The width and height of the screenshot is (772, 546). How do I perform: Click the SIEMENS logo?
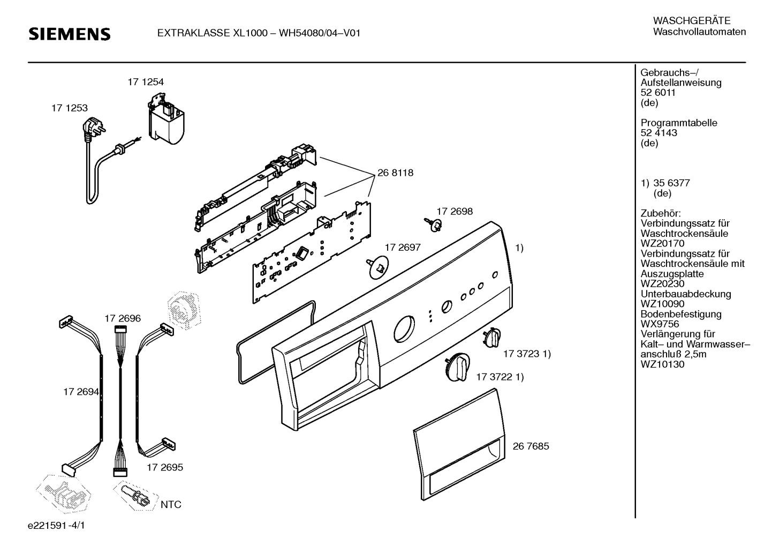69,34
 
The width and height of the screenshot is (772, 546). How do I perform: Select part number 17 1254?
146,82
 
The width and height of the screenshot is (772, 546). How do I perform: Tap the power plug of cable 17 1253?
92,128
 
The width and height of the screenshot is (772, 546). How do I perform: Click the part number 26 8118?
395,173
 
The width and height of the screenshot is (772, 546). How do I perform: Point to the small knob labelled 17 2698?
434,224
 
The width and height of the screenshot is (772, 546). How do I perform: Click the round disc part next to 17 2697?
377,267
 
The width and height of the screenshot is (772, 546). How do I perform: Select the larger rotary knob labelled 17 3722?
458,367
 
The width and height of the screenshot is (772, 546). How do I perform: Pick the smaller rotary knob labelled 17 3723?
492,338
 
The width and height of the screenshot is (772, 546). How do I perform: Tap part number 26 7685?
531,446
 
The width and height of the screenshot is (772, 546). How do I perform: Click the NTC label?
171,504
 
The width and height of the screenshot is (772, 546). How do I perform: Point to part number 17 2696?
123,318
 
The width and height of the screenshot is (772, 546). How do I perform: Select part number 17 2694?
81,392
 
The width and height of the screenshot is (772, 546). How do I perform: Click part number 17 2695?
165,467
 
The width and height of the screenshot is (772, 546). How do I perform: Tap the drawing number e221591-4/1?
56,525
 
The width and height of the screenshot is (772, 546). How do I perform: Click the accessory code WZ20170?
662,243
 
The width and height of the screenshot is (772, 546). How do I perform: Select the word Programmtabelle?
679,123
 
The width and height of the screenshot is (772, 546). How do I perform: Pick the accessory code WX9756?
660,324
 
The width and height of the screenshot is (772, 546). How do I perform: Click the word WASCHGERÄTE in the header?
692,21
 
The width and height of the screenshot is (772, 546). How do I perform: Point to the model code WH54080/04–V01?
320,33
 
